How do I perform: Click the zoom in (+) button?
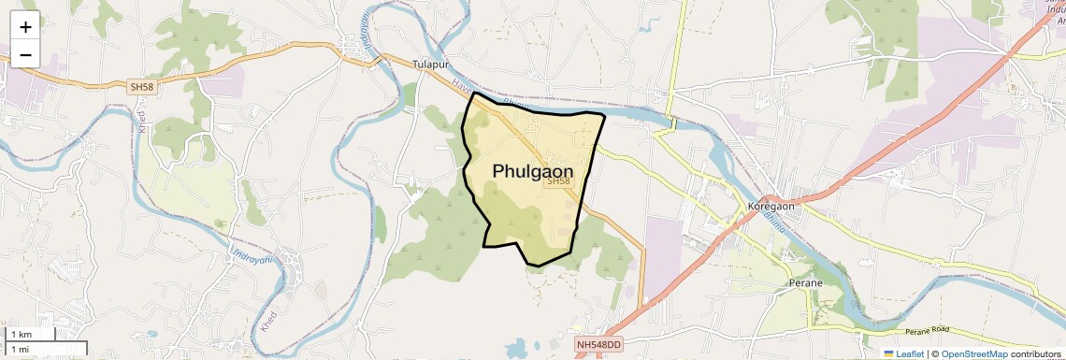[x=25, y=27]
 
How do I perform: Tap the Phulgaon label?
[x=533, y=171]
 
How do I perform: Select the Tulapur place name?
[x=431, y=64]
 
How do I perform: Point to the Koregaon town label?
[x=771, y=206]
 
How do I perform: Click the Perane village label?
[x=805, y=282]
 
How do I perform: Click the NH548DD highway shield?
[x=598, y=345]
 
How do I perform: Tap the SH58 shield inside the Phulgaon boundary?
[x=558, y=181]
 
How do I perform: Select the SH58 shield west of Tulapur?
[x=141, y=87]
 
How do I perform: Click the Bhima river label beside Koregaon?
[x=775, y=221]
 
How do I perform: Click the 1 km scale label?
[x=21, y=335]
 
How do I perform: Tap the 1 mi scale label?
[x=20, y=349]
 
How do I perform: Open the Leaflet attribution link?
[x=909, y=353]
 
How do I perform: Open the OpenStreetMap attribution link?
[x=973, y=353]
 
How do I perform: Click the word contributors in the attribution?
[x=1036, y=353]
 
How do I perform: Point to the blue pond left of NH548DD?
[x=516, y=349]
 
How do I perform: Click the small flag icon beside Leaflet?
[x=888, y=353]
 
